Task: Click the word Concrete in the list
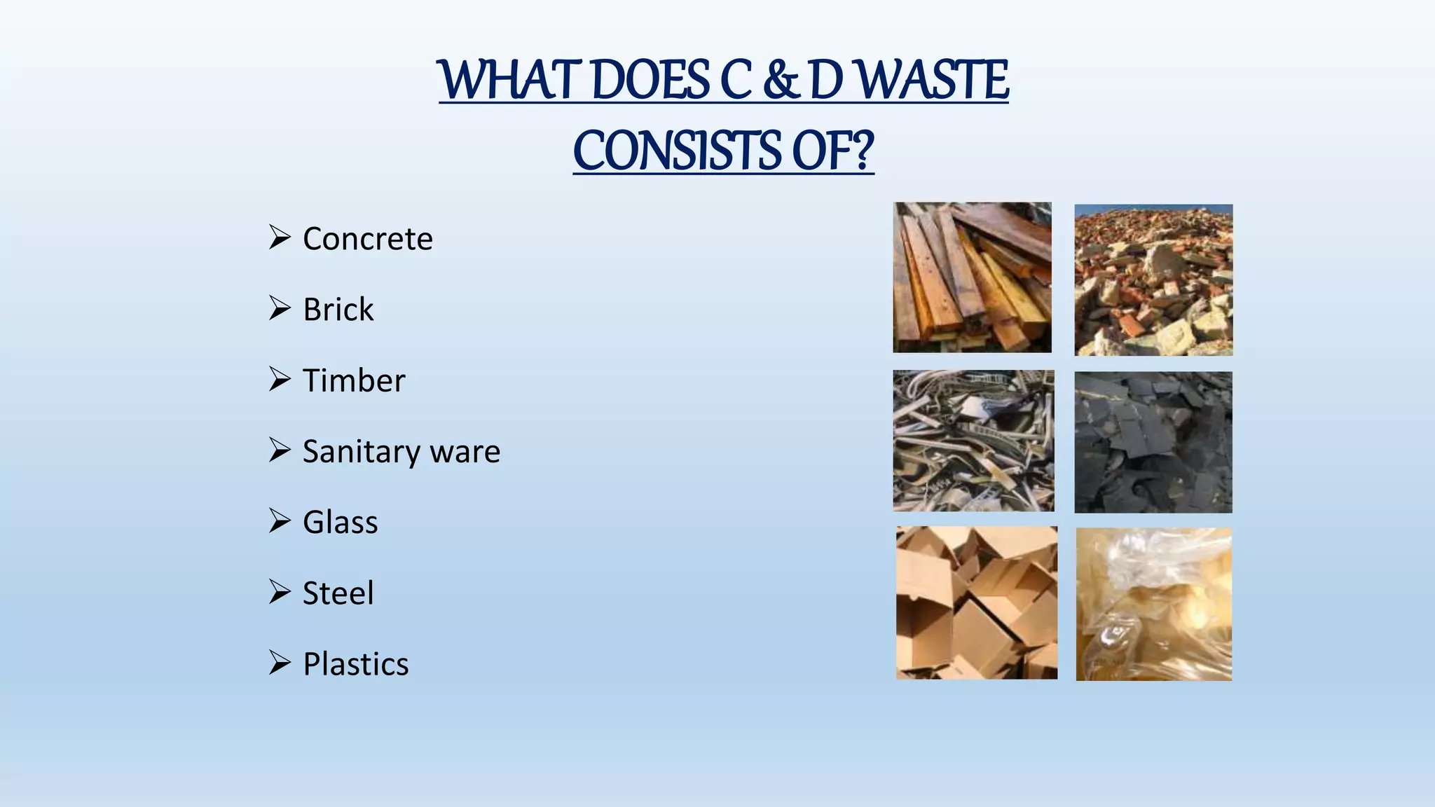click(367, 239)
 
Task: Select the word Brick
click(338, 310)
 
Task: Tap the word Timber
click(353, 380)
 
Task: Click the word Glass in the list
click(340, 523)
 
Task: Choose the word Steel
click(338, 593)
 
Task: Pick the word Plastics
click(355, 664)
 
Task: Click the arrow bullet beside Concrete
click(280, 237)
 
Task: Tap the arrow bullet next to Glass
click(280, 521)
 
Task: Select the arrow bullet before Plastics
click(280, 663)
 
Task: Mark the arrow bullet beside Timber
click(280, 379)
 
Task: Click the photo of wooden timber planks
click(972, 277)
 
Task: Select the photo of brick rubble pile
click(1153, 280)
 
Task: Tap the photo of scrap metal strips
click(973, 441)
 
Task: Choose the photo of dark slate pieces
click(1153, 442)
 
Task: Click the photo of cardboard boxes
click(976, 602)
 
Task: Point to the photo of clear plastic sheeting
click(1153, 604)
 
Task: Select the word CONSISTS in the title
click(677, 151)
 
